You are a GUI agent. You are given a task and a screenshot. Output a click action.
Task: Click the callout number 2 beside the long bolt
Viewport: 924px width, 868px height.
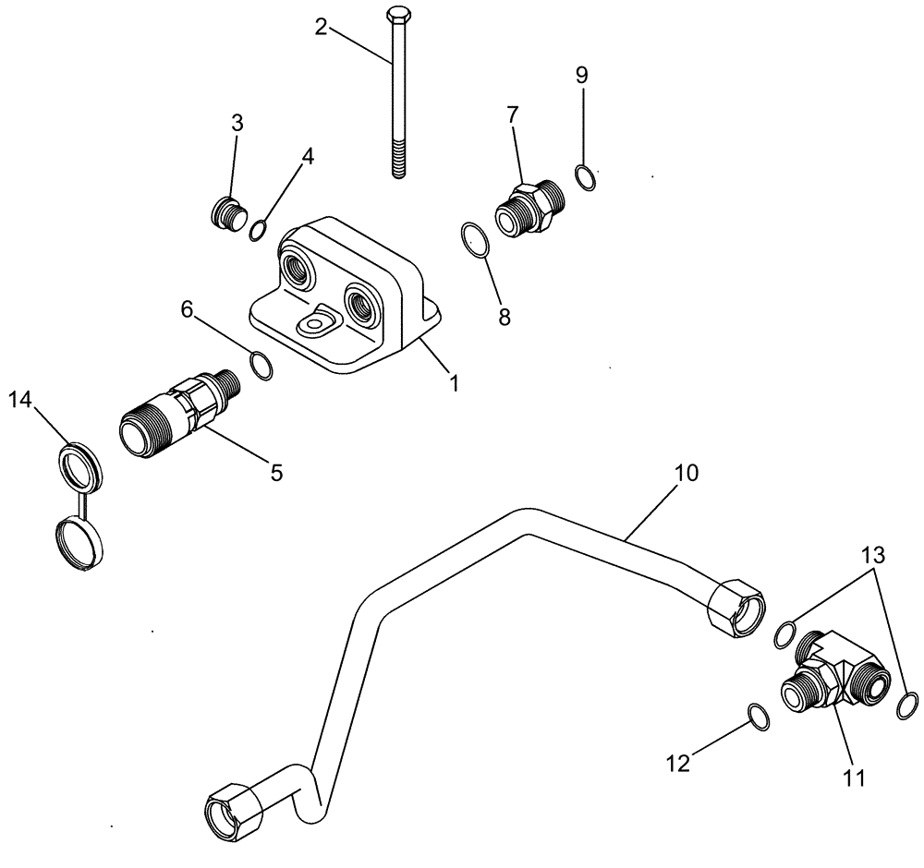click(x=321, y=26)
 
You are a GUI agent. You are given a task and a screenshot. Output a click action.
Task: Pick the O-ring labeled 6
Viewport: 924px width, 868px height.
click(x=262, y=367)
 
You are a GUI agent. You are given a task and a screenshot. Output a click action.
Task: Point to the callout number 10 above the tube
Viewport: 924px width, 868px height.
click(x=686, y=474)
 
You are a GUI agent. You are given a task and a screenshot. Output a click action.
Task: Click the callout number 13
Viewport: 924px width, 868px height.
click(x=874, y=556)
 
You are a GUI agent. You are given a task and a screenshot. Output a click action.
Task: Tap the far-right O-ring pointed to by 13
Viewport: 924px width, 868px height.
click(x=907, y=705)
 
